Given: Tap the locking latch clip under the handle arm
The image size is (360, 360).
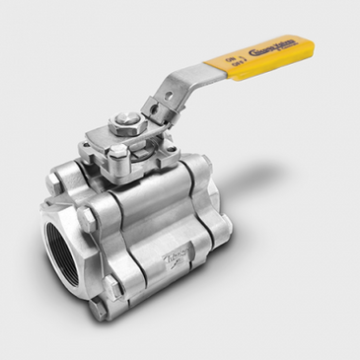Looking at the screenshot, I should coord(158,108).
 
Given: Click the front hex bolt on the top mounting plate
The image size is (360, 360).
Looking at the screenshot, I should coord(117,153).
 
